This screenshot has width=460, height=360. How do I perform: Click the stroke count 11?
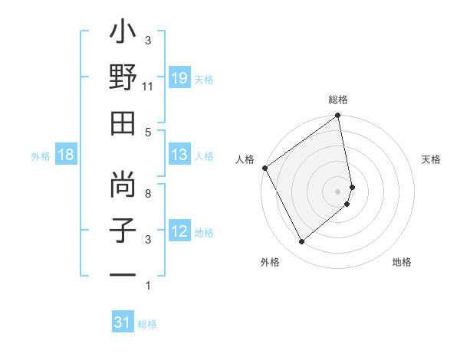click(x=148, y=87)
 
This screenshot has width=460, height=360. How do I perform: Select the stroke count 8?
click(x=148, y=194)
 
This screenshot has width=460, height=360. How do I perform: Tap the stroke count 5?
click(x=148, y=132)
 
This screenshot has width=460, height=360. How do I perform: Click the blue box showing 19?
click(x=179, y=78)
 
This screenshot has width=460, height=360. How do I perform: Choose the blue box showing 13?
click(x=179, y=155)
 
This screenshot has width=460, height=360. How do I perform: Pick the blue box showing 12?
click(x=179, y=231)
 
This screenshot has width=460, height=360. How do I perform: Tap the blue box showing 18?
click(x=66, y=155)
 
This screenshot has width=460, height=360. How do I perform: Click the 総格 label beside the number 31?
click(x=147, y=323)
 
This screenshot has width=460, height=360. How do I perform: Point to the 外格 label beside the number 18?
click(x=41, y=155)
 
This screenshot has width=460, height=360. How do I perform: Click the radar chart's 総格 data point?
click(x=337, y=116)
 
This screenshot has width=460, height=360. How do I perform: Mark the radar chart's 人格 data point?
click(x=265, y=168)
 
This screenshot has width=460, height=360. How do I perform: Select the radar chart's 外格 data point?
click(x=301, y=242)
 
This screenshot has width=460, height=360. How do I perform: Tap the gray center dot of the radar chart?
click(x=338, y=191)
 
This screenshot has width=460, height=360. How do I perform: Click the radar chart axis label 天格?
click(x=432, y=159)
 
